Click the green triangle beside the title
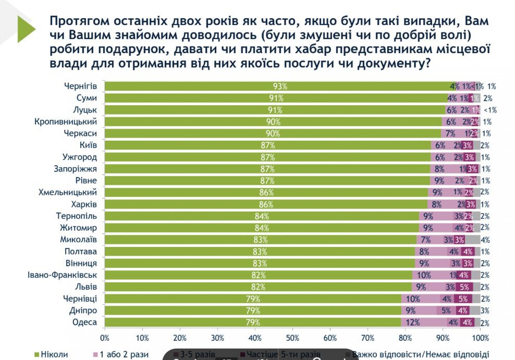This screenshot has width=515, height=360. click(26, 29)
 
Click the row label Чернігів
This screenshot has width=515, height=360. click(80, 86)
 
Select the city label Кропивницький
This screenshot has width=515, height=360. click(65, 121)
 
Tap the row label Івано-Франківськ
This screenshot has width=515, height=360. click(62, 275)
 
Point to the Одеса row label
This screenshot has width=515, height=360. click(84, 322)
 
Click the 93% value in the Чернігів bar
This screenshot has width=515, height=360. click(280, 86)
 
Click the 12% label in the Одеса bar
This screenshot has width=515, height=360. click(412, 322)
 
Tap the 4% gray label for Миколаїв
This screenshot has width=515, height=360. click(485, 240)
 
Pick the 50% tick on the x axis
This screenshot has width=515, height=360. click(292, 338)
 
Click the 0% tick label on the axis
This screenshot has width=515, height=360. click(105, 338)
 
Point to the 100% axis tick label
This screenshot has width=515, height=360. click(480, 338)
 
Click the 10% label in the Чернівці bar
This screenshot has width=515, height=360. click(413, 299)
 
